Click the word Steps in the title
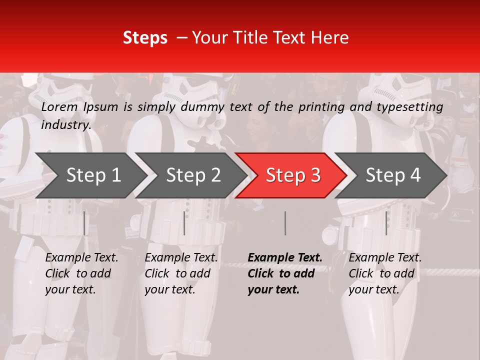tap(145, 38)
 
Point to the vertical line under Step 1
tap(84, 223)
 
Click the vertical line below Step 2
tap(184, 223)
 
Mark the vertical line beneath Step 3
tap(285, 223)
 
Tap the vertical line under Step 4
tap(386, 223)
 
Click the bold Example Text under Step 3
tap(285, 258)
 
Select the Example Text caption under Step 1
tap(81, 258)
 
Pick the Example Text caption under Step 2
tap(181, 258)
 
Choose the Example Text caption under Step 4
tap(385, 258)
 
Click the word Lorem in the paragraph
tap(59, 107)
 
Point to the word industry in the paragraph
tap(66, 124)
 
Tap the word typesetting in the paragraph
tap(413, 107)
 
